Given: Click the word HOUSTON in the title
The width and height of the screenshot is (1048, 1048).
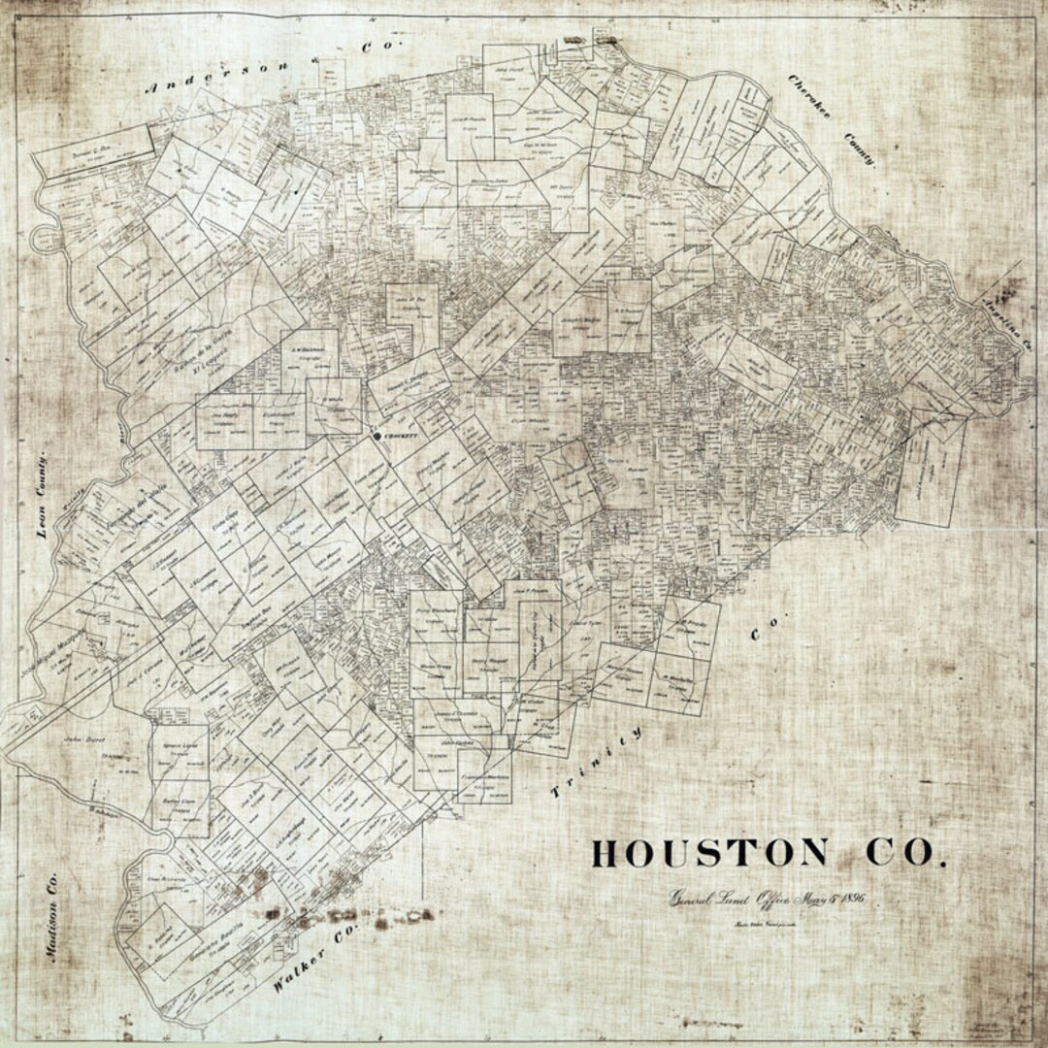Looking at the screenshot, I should [x=709, y=853].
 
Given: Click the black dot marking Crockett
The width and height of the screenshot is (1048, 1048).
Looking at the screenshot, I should [x=378, y=438].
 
